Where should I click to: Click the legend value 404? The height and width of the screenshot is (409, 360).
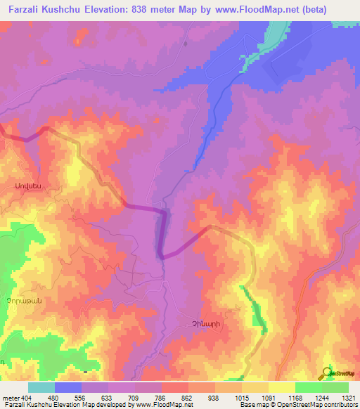click(25, 397)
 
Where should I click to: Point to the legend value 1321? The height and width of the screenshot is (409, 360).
click(340, 397)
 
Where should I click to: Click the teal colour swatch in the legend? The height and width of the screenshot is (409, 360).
click(41, 387)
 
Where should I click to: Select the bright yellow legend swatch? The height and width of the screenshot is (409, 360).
click(281, 387)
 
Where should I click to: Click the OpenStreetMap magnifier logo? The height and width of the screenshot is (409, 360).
click(329, 372)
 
